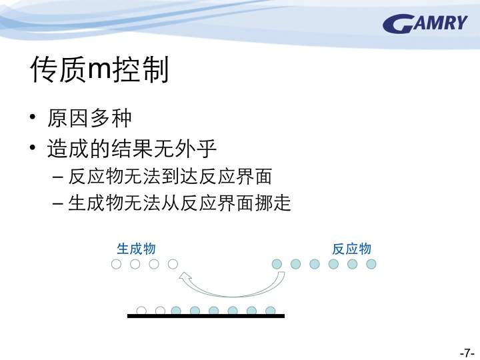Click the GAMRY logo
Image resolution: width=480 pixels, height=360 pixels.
coord(425,23)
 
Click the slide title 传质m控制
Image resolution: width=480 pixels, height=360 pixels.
coord(100,69)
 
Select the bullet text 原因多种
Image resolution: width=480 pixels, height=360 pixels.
coord(89,118)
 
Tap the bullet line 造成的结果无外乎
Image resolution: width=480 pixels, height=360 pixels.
coord(131,149)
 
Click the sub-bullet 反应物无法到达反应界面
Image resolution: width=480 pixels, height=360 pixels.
coord(170,177)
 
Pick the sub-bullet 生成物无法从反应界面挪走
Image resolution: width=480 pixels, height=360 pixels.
coord(179,203)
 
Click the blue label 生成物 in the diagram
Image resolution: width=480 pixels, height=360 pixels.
coord(137,249)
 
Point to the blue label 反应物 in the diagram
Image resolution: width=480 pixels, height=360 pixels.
coord(352,249)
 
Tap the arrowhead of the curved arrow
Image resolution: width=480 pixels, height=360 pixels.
coord(185,277)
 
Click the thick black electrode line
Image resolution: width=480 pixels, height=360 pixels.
coord(206,316)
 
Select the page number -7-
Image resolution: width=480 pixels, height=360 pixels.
coord(467,353)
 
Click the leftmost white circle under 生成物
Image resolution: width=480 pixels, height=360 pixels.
coord(116,264)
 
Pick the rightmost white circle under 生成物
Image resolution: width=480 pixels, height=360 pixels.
coord(173,264)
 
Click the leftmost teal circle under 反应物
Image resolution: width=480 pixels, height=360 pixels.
coord(277,264)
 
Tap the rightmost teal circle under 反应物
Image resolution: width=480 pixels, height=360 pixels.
coord(371,264)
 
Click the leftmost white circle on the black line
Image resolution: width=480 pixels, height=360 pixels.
coord(141,311)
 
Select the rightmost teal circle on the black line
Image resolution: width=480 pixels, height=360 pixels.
coord(270,311)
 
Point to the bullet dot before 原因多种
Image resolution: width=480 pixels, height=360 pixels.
coord(33,117)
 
